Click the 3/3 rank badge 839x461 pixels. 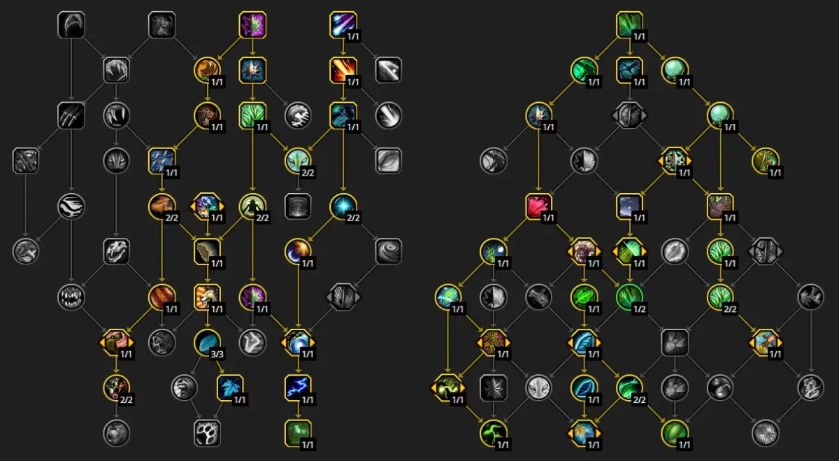point(217,354)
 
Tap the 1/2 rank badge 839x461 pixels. point(639,308)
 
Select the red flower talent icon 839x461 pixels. point(538,206)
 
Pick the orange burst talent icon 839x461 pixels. point(343,70)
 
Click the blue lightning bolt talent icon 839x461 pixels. point(298,388)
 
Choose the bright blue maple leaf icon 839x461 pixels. point(230,388)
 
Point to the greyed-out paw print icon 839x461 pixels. point(207,433)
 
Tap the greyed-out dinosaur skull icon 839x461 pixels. point(117,251)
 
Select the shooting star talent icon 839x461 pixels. point(343,24)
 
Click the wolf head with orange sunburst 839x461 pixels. point(207,297)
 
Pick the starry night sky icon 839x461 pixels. point(629,206)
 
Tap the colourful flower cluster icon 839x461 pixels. point(494,343)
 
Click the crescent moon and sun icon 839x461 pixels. point(298,251)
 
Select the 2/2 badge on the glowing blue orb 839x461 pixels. point(353,218)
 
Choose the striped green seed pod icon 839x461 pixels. point(675,433)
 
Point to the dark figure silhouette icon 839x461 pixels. point(252,206)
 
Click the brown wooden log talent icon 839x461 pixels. point(207,251)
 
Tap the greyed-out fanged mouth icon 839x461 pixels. point(71,297)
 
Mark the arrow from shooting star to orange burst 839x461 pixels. point(343,48)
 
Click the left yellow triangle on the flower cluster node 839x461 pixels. point(479,343)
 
